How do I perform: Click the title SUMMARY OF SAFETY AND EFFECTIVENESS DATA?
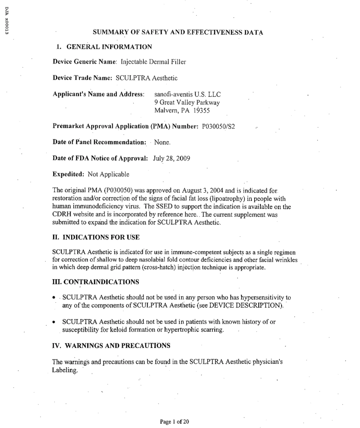(178, 33)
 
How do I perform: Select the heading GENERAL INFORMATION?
(109, 47)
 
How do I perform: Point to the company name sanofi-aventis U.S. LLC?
(187, 94)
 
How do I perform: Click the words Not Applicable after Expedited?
(108, 174)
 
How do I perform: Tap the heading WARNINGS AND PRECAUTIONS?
(111, 345)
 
